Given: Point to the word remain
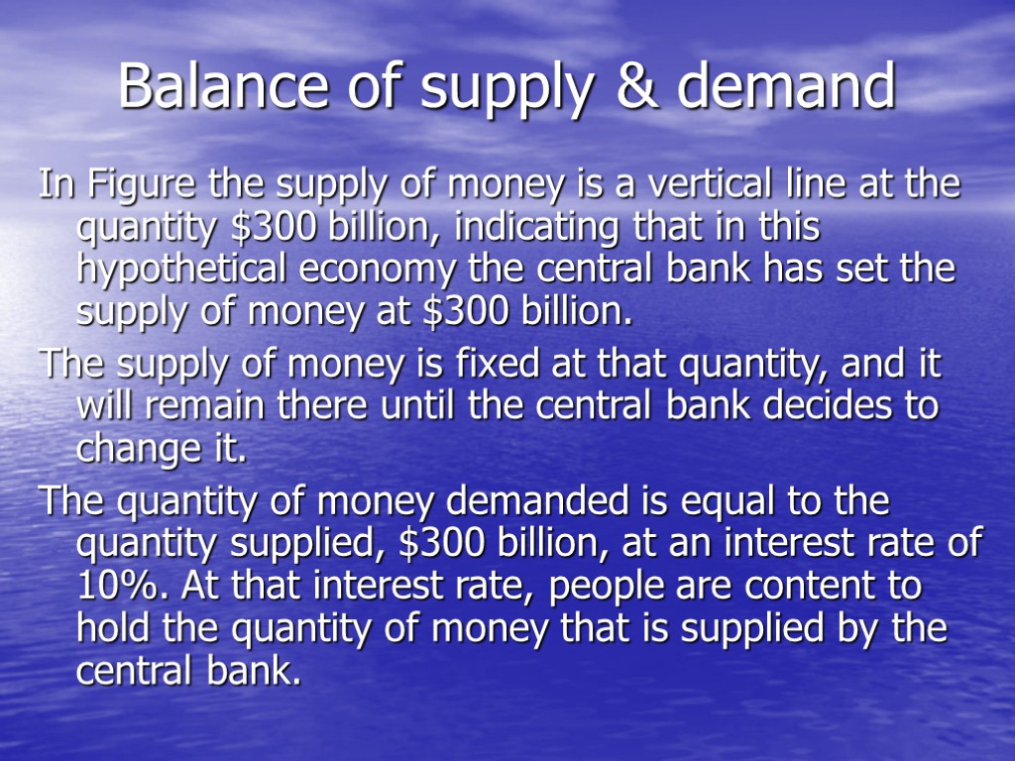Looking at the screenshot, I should pyautogui.click(x=204, y=407).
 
